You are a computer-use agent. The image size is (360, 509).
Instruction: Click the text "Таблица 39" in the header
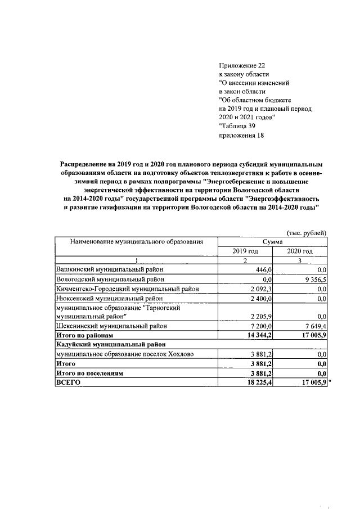[x=238, y=126]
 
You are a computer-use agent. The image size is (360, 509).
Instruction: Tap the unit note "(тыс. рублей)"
[x=307, y=233]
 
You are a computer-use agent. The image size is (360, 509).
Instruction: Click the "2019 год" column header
[x=245, y=251]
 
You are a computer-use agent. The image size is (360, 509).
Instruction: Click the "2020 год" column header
[x=300, y=251]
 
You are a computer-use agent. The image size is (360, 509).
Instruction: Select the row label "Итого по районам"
[x=83, y=335]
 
